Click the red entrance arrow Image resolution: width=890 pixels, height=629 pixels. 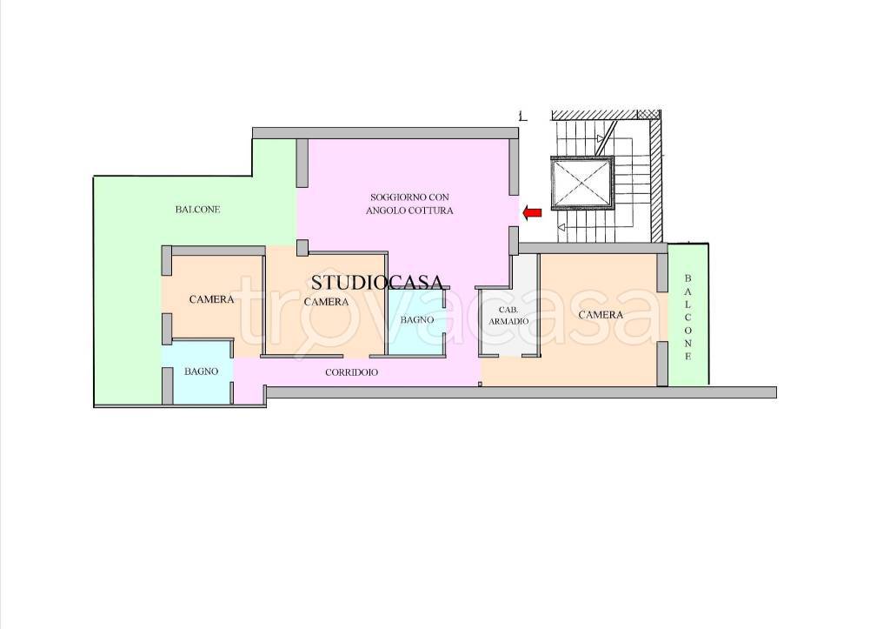pyautogui.click(x=532, y=213)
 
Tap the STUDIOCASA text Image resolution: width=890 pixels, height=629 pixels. pyautogui.click(x=377, y=283)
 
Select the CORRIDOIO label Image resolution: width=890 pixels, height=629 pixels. pyautogui.click(x=351, y=372)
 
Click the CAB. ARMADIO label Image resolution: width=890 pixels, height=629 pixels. pyautogui.click(x=508, y=315)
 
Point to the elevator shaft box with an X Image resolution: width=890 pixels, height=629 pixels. pyautogui.click(x=582, y=182)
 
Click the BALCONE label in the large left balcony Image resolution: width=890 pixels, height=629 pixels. pyautogui.click(x=197, y=210)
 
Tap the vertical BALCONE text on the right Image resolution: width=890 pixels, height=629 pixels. pyautogui.click(x=688, y=318)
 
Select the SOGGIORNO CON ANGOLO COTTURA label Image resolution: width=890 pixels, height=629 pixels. pyautogui.click(x=409, y=204)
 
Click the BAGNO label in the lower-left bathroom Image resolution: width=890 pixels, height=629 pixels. pyautogui.click(x=201, y=371)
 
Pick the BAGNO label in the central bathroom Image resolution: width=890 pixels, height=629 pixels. pyautogui.click(x=416, y=320)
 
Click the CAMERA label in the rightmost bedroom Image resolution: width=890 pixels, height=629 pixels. pyautogui.click(x=601, y=315)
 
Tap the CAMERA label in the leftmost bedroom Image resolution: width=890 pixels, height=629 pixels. pyautogui.click(x=212, y=299)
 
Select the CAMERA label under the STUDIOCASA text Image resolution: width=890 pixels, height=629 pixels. pyautogui.click(x=327, y=302)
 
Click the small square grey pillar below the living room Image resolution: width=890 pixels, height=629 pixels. pyautogui.click(x=302, y=248)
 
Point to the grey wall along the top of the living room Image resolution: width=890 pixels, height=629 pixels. pyautogui.click(x=385, y=133)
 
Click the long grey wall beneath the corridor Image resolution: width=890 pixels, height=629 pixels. pyautogui.click(x=521, y=392)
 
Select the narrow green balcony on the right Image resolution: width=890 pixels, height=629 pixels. pyautogui.click(x=688, y=314)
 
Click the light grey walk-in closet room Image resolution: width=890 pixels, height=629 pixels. pyautogui.click(x=509, y=311)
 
